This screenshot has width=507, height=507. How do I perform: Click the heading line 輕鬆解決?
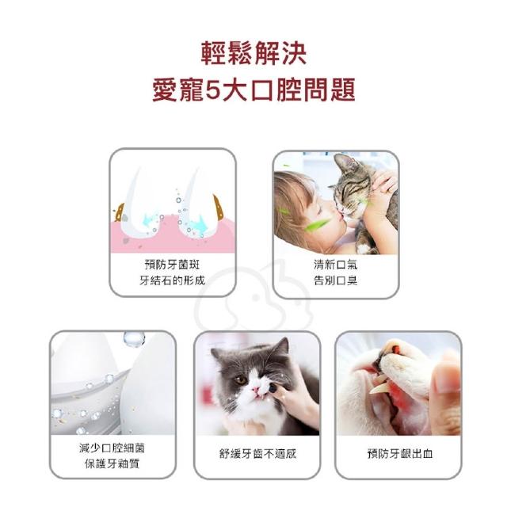[253, 54]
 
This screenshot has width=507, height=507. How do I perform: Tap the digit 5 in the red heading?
[213, 90]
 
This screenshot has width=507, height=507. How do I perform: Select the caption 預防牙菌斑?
[173, 265]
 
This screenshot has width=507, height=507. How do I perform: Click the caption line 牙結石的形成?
[173, 280]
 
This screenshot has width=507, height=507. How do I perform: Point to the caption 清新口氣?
[336, 265]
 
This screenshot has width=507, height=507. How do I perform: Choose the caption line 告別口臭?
[336, 280]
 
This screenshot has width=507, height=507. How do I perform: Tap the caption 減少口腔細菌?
[112, 448]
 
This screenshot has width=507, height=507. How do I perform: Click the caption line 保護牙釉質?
[112, 463]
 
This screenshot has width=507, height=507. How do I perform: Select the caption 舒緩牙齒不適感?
[257, 454]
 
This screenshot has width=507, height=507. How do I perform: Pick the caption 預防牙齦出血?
[400, 454]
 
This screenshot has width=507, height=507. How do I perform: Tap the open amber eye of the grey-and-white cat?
[241, 379]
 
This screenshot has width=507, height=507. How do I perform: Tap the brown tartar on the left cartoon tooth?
[120, 212]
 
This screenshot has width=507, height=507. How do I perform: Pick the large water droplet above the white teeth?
[134, 338]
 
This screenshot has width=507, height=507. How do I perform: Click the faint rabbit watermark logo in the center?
[254, 298]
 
